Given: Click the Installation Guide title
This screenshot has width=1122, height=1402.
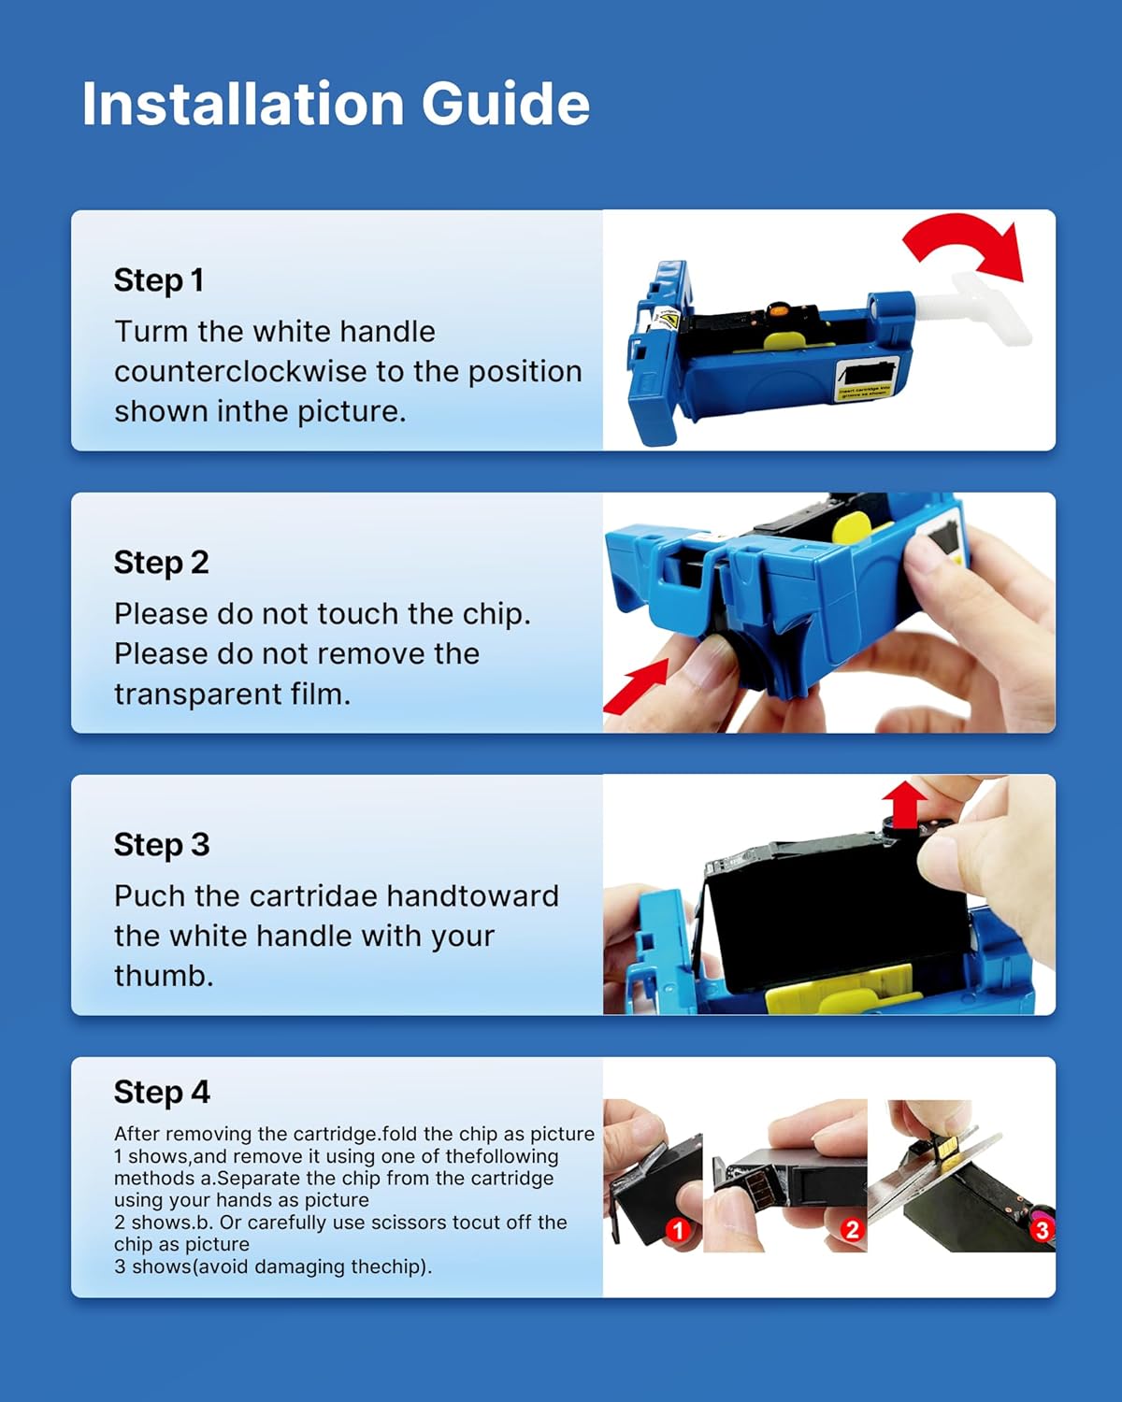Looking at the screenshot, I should [x=335, y=103].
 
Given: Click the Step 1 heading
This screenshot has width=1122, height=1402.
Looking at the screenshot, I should [x=158, y=279].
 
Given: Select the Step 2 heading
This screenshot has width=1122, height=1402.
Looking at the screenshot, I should [x=161, y=562].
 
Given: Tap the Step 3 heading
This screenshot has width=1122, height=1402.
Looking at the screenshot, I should [x=161, y=844].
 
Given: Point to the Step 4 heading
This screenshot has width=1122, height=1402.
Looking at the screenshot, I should [x=162, y=1091].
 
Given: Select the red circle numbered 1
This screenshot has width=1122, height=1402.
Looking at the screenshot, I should [x=678, y=1230].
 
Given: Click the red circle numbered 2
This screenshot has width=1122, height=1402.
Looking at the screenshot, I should [x=851, y=1229].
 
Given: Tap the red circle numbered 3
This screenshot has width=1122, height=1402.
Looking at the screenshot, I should [x=1041, y=1229].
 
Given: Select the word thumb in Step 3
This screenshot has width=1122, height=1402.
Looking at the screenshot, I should [x=164, y=975].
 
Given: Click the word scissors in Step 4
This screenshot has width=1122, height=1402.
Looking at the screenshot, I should [x=401, y=1222].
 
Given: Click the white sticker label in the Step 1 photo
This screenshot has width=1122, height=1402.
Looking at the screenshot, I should [x=866, y=379].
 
